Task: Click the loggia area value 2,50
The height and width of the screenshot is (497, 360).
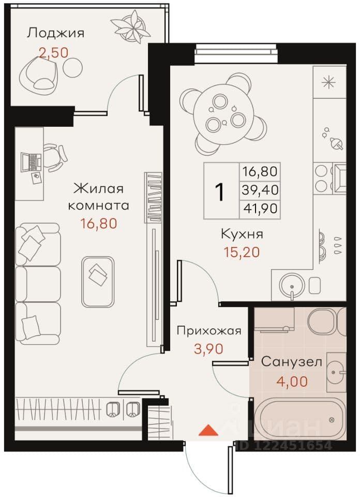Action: (x=53, y=52)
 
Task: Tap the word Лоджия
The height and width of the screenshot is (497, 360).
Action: (x=55, y=33)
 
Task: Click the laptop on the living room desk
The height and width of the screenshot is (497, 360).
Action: (x=31, y=162)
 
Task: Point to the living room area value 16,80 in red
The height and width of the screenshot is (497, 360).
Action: (x=99, y=224)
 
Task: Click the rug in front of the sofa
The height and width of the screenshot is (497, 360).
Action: (x=98, y=282)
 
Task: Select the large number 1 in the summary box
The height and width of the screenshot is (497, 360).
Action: (x=219, y=192)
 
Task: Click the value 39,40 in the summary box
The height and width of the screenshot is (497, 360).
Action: (x=260, y=190)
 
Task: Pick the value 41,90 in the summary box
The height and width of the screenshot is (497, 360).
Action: (x=260, y=209)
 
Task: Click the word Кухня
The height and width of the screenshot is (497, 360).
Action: (x=242, y=235)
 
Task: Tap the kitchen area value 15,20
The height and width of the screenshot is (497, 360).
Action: (x=242, y=252)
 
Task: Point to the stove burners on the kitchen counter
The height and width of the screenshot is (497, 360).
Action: (x=321, y=178)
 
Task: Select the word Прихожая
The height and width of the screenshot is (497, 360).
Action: (x=209, y=331)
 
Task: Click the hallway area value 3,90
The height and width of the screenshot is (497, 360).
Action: (x=208, y=349)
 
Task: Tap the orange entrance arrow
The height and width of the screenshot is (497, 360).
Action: (x=208, y=430)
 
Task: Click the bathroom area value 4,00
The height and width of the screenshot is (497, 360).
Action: (x=292, y=382)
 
